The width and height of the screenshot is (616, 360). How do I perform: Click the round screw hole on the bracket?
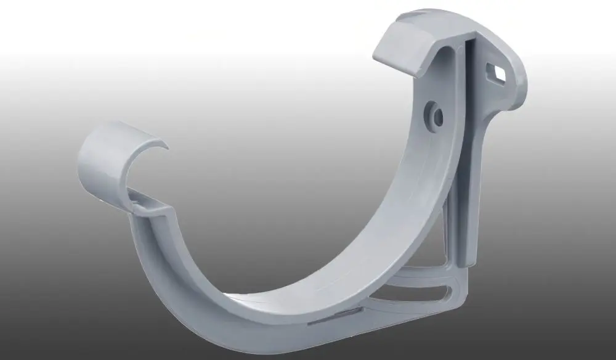point(436,114)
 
